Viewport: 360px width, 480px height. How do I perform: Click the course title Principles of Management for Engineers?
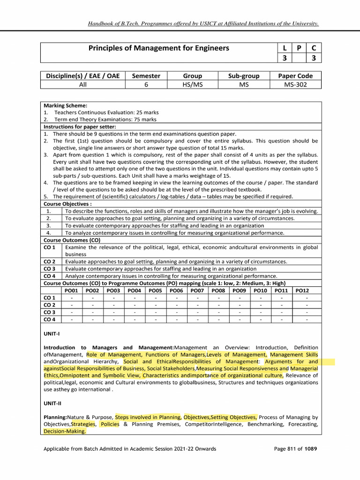pyautogui.click(x=159, y=48)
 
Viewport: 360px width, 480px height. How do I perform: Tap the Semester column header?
pyautogui.click(x=146, y=76)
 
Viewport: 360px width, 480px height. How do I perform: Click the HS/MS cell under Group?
pyautogui.click(x=193, y=85)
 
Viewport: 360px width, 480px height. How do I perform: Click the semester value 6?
pyautogui.click(x=146, y=85)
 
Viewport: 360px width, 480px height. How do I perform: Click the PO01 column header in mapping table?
pyautogui.click(x=71, y=291)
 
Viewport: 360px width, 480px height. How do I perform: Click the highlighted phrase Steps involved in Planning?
pyautogui.click(x=148, y=417)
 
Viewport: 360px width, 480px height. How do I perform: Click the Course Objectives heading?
pyautogui.click(x=67, y=204)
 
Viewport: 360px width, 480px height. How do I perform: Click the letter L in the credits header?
pyautogui.click(x=285, y=48)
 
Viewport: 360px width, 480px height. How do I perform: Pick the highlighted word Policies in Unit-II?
pyautogui.click(x=110, y=424)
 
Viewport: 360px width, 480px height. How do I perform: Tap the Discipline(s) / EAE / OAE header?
pyautogui.click(x=83, y=76)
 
